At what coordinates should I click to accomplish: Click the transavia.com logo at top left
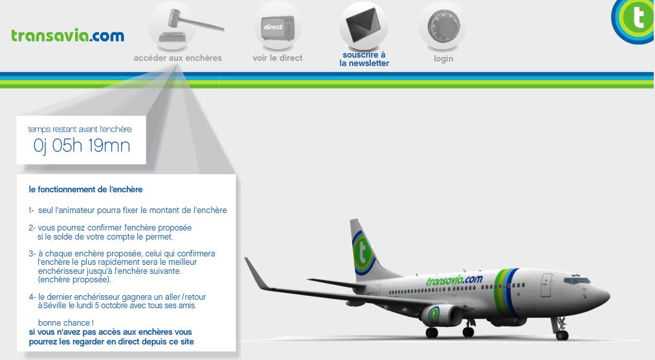pos(68,36)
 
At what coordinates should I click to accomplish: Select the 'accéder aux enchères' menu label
pos(177,58)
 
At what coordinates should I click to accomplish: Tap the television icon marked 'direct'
pos(278,28)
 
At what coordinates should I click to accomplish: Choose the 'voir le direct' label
pos(278,58)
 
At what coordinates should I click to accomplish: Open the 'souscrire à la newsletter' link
pos(364,59)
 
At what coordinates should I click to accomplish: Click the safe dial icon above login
pos(443,26)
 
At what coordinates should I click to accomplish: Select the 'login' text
pos(443,58)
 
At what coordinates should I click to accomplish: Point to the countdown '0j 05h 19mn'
pos(82,146)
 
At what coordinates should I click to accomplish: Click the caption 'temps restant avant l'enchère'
pos(80,129)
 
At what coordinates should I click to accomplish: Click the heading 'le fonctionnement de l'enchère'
pos(85,190)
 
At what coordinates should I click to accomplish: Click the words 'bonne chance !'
pos(65,323)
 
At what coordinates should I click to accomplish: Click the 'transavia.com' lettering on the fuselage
pos(454,280)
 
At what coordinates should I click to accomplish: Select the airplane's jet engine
pos(441,315)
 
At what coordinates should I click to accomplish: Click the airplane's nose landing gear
pos(561,329)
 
